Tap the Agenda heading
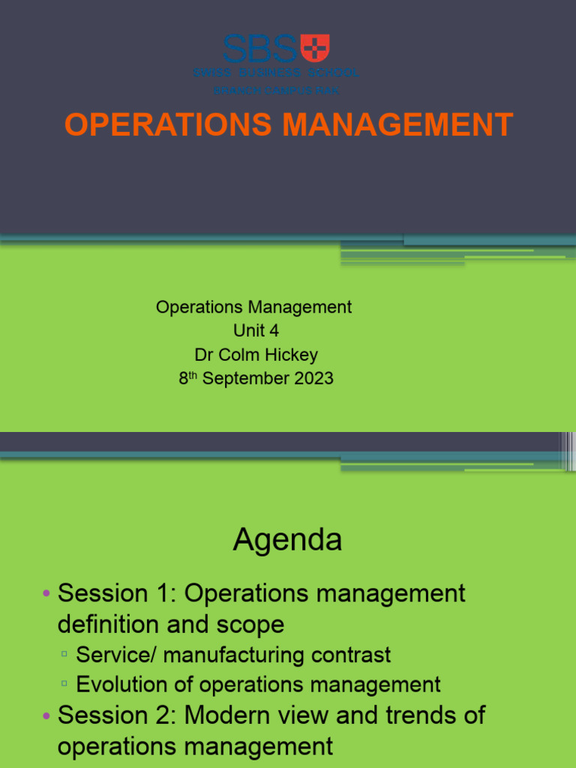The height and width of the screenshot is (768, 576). [x=287, y=539]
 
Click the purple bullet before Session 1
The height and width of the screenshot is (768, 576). [x=46, y=594]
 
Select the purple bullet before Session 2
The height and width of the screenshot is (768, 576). [x=46, y=715]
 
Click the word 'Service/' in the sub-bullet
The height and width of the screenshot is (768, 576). [x=115, y=655]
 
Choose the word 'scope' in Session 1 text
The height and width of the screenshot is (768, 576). [x=247, y=624]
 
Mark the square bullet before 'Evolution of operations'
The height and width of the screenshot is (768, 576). [x=65, y=685]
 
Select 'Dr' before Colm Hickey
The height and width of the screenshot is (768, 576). [x=204, y=355]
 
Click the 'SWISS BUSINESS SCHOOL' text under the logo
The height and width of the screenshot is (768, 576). [x=276, y=73]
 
